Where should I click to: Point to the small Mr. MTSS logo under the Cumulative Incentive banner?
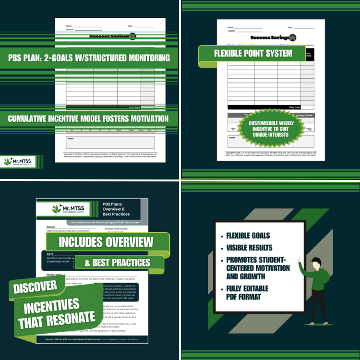coord(21,161)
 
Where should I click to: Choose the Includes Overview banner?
coord(106,241)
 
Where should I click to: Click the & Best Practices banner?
coord(118,263)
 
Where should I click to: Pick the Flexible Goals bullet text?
coord(248,236)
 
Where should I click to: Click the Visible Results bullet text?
coord(249,248)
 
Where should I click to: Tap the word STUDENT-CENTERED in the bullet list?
coord(258,268)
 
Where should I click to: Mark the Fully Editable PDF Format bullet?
coord(248,293)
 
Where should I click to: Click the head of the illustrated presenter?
coord(315,263)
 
